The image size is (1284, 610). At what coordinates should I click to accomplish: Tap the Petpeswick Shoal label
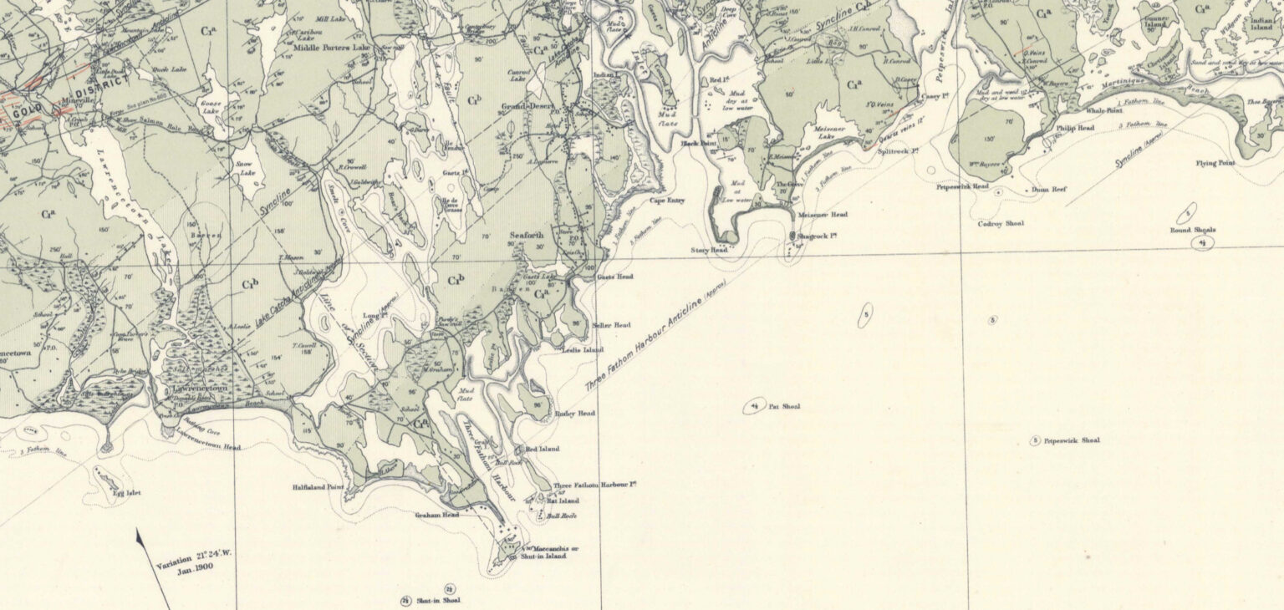1072,440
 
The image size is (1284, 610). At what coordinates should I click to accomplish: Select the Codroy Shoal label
1001,224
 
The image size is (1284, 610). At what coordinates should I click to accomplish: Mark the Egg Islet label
126,493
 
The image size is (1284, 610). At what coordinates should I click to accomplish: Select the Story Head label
709,250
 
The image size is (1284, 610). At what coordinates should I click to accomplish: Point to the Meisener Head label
823,215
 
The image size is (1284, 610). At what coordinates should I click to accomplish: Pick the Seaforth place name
527,236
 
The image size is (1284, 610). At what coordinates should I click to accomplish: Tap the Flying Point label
1215,163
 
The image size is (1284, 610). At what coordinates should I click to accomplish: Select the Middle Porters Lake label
332,48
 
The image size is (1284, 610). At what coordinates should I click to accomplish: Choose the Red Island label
543,449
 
